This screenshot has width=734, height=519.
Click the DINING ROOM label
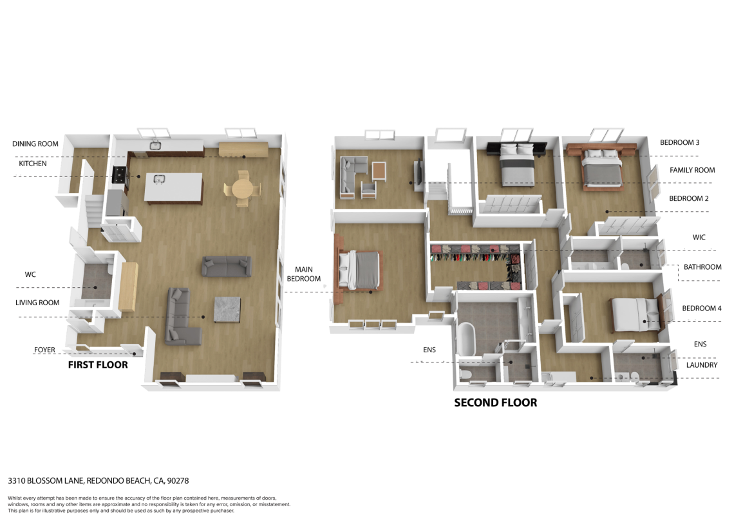coord(35,144)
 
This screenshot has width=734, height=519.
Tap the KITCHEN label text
coord(33,164)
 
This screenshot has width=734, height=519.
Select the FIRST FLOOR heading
coord(98,365)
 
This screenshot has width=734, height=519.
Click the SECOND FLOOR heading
coord(496,402)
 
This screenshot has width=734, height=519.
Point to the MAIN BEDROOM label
coord(304,274)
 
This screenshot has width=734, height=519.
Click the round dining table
coord(243,189)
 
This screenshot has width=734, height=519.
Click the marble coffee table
coord(227,310)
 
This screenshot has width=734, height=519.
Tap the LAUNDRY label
coord(702,365)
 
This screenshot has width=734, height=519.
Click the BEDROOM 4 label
coord(702,308)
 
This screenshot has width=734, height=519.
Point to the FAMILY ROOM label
coord(692,171)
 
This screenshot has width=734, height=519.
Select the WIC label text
coord(699,237)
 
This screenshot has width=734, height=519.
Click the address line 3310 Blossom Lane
coord(99,480)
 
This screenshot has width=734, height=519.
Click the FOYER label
coord(44,350)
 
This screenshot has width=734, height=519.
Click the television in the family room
coord(419,172)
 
